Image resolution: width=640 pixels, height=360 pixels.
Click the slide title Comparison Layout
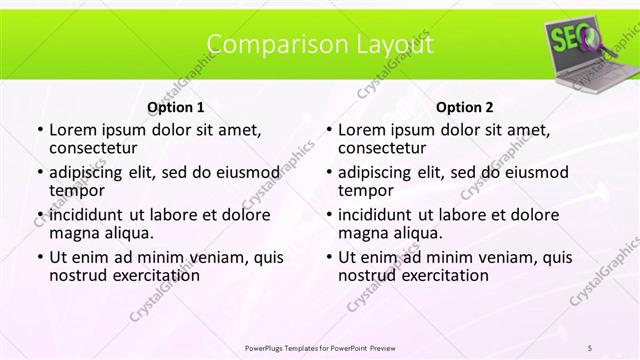tap(320, 44)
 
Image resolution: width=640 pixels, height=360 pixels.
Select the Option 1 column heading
tap(175, 107)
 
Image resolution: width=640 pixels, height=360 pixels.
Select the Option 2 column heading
tap(465, 107)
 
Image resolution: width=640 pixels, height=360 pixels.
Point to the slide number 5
tap(590, 347)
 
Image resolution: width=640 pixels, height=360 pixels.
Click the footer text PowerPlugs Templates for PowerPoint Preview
tap(320, 347)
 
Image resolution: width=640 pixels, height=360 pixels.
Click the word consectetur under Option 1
tap(98, 148)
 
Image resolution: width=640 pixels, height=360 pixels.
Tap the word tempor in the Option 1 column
tap(77, 190)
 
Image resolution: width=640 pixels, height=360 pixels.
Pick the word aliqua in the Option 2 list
tap(416, 233)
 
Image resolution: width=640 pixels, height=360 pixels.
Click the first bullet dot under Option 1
tap(38, 130)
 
